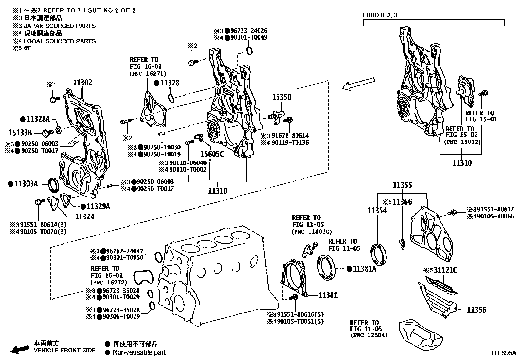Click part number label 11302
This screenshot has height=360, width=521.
click(x=82, y=83)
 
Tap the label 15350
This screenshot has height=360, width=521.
click(x=282, y=97)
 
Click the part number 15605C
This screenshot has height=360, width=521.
click(x=212, y=153)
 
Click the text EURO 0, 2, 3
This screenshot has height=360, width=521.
click(x=380, y=15)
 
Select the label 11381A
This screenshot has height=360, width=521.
click(x=365, y=269)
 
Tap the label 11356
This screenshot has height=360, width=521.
click(x=476, y=310)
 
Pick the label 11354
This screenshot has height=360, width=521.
click(x=377, y=210)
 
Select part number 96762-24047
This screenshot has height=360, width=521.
click(x=125, y=251)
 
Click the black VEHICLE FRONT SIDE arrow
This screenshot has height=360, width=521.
click(x=19, y=349)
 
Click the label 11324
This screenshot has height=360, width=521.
click(x=84, y=217)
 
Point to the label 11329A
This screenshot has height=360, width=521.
click(x=98, y=206)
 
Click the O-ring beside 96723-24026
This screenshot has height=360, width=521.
click(x=249, y=50)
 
